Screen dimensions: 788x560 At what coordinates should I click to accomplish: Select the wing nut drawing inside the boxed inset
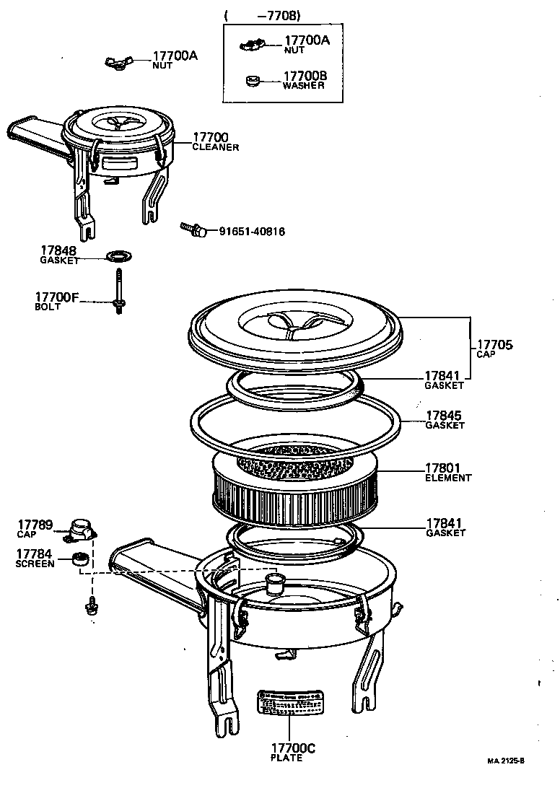click(252, 45)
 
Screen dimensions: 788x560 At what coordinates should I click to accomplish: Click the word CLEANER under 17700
click(215, 146)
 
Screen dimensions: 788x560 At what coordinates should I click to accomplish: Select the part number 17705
click(494, 346)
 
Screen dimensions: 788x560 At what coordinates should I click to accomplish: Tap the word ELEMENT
click(448, 478)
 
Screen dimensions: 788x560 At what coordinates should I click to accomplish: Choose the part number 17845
click(445, 416)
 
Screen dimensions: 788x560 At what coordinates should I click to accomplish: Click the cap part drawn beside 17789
click(81, 530)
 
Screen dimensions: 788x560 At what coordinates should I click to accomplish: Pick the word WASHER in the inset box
click(303, 85)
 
